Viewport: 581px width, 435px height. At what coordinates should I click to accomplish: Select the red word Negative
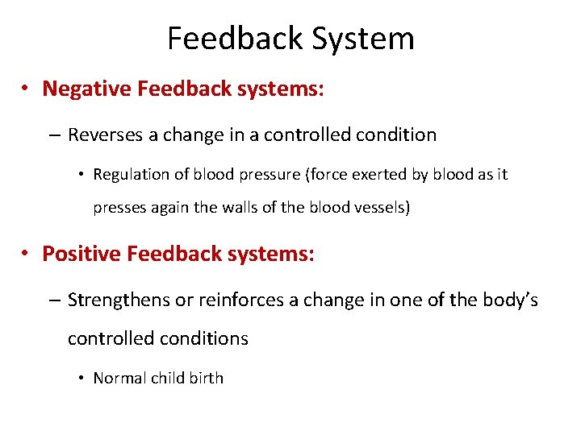pyautogui.click(x=87, y=88)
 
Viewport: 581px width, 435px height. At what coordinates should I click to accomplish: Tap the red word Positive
pyautogui.click(x=84, y=254)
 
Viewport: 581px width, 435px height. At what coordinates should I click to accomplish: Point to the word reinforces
pyautogui.click(x=231, y=300)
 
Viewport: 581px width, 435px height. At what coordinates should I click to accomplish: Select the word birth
pyautogui.click(x=205, y=378)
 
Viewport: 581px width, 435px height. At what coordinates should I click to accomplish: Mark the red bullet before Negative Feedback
pyautogui.click(x=27, y=89)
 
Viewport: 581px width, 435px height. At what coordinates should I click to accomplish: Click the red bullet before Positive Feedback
pyautogui.click(x=27, y=255)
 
